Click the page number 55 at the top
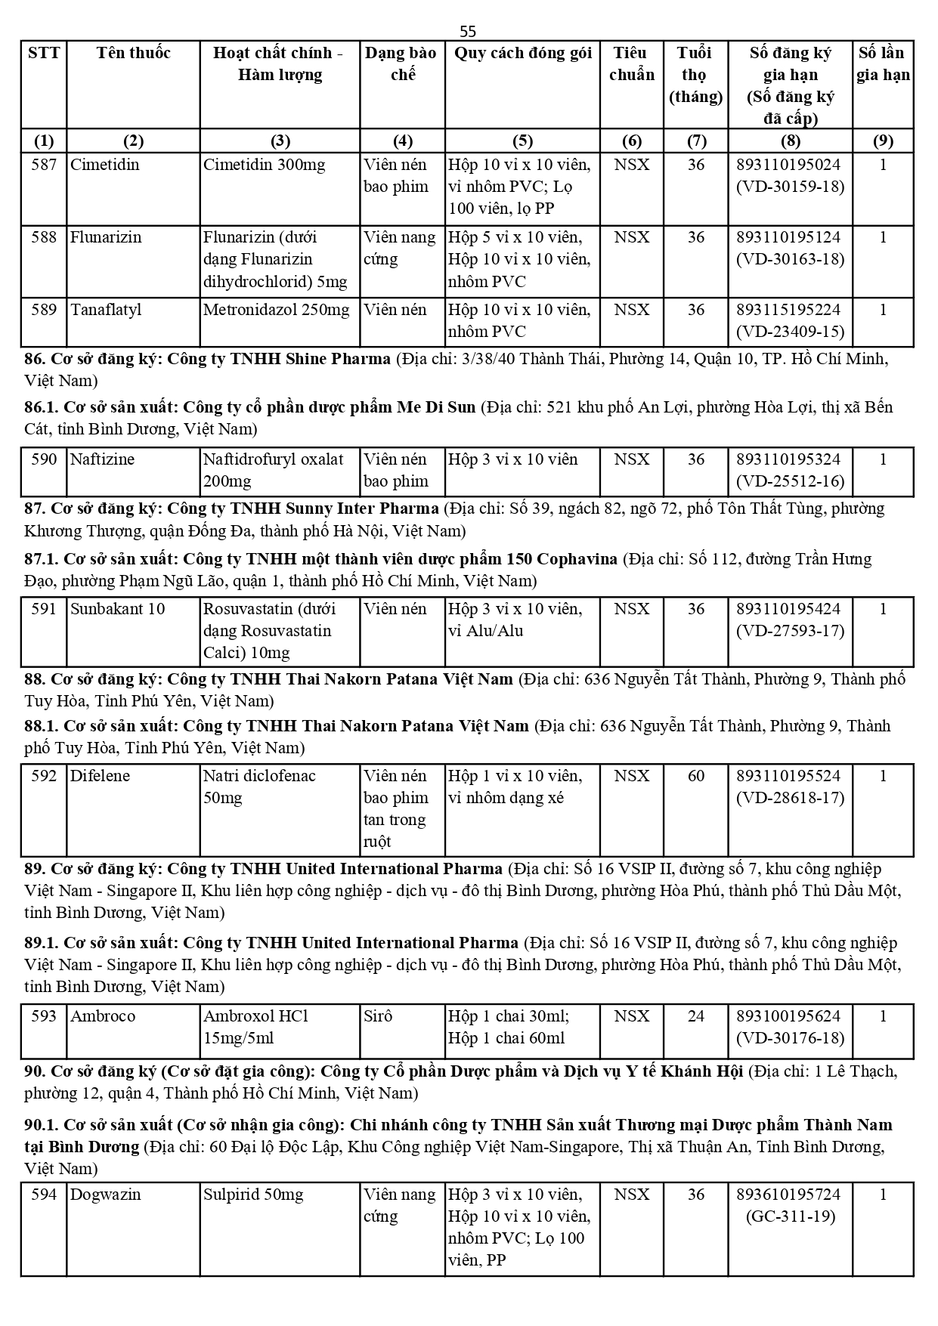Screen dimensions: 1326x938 tap(468, 31)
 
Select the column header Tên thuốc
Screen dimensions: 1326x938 tap(133, 53)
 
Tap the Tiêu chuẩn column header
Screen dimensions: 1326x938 tap(631, 63)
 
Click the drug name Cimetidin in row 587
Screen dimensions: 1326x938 tap(105, 165)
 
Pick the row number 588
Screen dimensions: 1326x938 tap(44, 237)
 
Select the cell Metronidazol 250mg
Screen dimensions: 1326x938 tap(277, 310)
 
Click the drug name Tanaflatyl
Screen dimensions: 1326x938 tap(106, 310)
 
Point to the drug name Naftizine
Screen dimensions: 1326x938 tap(102, 459)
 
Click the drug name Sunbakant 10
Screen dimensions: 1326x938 tap(117, 609)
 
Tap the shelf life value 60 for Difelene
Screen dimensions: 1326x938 tap(695, 776)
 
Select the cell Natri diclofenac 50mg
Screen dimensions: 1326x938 tap(259, 787)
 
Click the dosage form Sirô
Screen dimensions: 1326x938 tap(379, 1016)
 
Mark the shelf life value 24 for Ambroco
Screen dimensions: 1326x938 tap(695, 1016)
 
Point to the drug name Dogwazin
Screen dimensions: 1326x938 tap(106, 1195)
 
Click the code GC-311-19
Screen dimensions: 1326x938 tap(790, 1216)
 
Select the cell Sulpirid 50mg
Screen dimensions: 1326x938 tap(253, 1195)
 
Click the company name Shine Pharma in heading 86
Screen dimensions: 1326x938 tap(339, 359)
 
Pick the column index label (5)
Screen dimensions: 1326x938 tap(522, 141)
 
